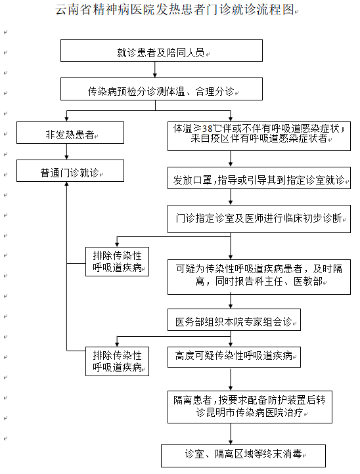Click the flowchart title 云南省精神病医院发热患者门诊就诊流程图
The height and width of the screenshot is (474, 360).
click(x=175, y=10)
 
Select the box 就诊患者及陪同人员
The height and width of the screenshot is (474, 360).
click(x=162, y=51)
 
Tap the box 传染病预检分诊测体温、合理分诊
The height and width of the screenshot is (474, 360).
click(x=162, y=89)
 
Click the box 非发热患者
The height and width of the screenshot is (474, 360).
click(x=70, y=133)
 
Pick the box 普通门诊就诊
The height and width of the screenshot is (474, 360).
click(x=70, y=171)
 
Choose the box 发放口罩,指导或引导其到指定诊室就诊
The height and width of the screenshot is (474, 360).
click(x=259, y=178)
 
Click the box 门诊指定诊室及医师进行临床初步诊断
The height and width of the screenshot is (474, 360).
click(x=259, y=219)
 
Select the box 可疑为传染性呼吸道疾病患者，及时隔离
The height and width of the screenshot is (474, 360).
click(x=259, y=276)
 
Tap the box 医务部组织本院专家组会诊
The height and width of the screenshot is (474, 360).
click(x=234, y=320)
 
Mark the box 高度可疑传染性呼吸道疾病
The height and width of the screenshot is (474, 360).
click(x=234, y=357)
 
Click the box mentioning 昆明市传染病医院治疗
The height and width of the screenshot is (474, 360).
click(x=250, y=407)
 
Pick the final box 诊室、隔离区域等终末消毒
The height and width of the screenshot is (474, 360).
click(x=243, y=456)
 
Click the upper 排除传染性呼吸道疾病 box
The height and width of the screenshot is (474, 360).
click(x=117, y=261)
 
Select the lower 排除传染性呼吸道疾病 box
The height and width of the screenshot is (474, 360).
click(x=117, y=361)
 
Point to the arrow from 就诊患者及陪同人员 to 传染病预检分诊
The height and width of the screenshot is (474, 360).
click(x=155, y=70)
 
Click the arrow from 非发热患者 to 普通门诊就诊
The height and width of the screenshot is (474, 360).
click(x=66, y=152)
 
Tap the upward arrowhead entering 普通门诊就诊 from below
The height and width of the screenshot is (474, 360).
click(x=66, y=184)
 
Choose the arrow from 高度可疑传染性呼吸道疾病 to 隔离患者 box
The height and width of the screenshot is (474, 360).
click(x=231, y=379)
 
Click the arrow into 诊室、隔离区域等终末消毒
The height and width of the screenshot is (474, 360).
click(x=231, y=434)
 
